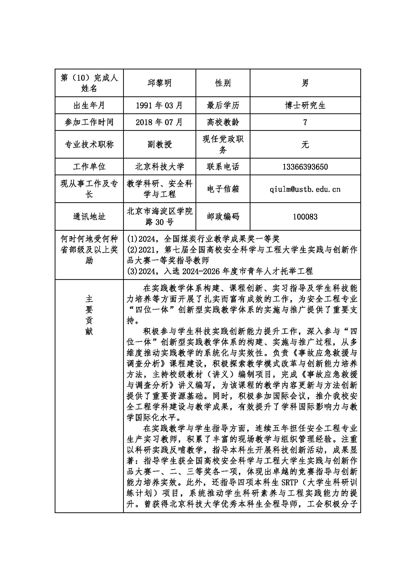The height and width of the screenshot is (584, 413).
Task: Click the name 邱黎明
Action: click(160, 83)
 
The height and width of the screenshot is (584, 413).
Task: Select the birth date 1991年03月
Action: click(160, 105)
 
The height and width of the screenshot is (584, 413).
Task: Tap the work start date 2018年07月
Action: click(160, 122)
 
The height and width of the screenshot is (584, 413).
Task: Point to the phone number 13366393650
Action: click(305, 167)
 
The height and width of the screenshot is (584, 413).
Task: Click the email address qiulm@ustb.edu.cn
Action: click(305, 189)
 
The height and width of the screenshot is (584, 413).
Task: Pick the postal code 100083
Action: click(305, 217)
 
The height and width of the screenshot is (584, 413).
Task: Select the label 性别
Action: click(223, 83)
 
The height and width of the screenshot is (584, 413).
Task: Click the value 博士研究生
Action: click(305, 105)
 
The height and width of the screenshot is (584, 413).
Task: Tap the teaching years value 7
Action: click(305, 122)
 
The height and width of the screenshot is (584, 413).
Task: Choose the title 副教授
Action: click(160, 145)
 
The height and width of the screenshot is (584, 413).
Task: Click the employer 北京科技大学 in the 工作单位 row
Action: click(160, 167)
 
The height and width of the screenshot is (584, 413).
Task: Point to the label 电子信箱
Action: click(223, 189)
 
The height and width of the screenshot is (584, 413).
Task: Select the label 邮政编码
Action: click(223, 217)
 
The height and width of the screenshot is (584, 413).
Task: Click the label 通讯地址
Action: click(89, 217)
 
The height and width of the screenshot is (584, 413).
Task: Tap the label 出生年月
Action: click(89, 105)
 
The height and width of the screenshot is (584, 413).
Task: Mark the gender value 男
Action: click(305, 83)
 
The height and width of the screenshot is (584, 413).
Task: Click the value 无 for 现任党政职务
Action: click(305, 145)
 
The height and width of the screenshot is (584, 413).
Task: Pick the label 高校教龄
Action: click(223, 122)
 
